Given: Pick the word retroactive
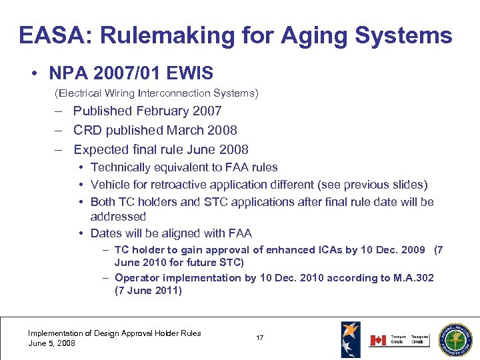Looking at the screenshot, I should [179, 185].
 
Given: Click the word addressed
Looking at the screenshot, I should [118, 217].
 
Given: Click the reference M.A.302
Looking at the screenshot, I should [408, 277].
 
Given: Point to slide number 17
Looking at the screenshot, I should [259, 338].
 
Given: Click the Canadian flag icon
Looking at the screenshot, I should [377, 341].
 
